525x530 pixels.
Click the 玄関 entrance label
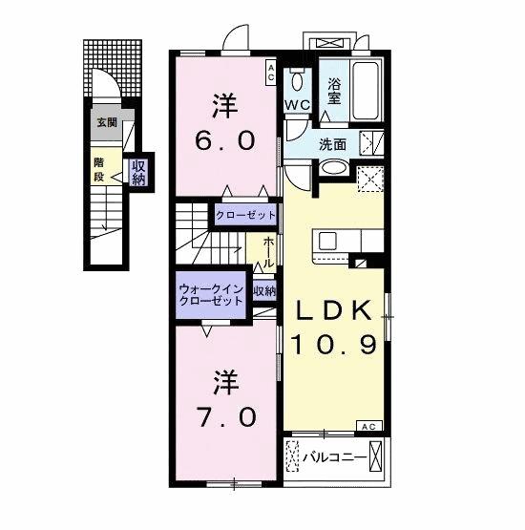pyautogui.click(x=106, y=122)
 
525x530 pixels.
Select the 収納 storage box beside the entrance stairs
pyautogui.click(x=139, y=173)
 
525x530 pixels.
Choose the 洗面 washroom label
pyautogui.click(x=333, y=146)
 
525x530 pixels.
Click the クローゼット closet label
pyautogui.click(x=245, y=216)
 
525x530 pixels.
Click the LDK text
pyautogui.click(x=334, y=310)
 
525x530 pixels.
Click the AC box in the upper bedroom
pyautogui.click(x=270, y=69)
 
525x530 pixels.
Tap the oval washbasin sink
pyautogui.click(x=333, y=168)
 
